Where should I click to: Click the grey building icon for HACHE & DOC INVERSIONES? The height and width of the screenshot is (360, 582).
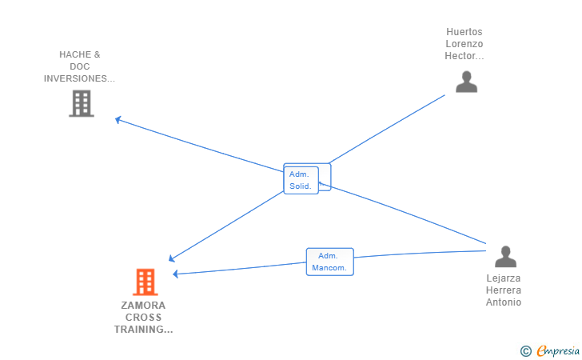[81, 103]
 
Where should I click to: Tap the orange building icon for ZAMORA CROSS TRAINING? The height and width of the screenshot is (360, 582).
[145, 282]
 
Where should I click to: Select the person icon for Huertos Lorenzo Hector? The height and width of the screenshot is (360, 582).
[466, 82]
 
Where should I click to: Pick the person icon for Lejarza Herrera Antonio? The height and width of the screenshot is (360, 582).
[505, 257]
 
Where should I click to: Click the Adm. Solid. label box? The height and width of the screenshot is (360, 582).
[301, 180]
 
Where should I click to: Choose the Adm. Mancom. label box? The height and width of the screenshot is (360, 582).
[329, 262]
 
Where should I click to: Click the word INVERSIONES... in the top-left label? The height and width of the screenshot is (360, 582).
[79, 79]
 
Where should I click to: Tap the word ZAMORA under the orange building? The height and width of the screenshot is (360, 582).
[144, 306]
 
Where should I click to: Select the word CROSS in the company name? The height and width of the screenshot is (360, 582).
[144, 318]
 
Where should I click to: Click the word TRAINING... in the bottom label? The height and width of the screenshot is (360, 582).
[144, 330]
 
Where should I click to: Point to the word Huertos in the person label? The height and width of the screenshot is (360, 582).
[464, 32]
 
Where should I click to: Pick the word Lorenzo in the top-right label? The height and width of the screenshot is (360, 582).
[464, 44]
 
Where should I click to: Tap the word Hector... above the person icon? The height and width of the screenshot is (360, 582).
[464, 56]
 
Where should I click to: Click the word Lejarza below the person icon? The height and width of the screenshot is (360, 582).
[504, 278]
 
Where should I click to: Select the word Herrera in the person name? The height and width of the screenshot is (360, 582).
[504, 290]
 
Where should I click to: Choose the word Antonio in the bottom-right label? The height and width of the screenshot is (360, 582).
[504, 302]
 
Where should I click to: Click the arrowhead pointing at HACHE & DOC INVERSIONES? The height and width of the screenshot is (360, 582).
[118, 120]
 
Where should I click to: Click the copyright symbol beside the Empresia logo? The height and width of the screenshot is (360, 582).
[525, 350]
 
